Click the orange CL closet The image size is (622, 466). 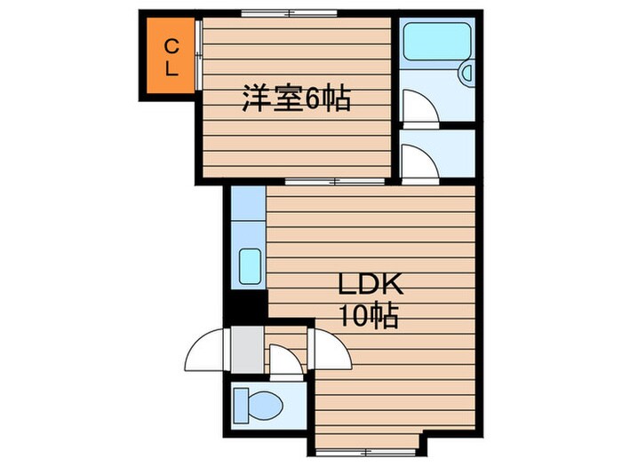click(171, 56)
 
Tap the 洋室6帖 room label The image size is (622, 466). click(296, 99)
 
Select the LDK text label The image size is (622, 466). click(371, 284)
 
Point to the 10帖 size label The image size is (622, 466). click(368, 317)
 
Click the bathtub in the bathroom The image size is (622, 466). click(436, 42)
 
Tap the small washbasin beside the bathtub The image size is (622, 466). click(466, 74)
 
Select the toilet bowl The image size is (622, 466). click(265, 406)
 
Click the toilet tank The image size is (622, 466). click(241, 406)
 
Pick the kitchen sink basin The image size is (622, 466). click(250, 266)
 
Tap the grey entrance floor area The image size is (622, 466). click(247, 349)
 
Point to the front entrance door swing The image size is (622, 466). click(206, 350)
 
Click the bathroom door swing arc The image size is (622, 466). click(420, 107)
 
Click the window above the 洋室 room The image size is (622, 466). click(290, 13)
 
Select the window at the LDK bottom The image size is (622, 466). click(366, 452)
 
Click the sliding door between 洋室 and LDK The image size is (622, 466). click(335, 182)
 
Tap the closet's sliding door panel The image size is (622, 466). click(199, 55)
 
